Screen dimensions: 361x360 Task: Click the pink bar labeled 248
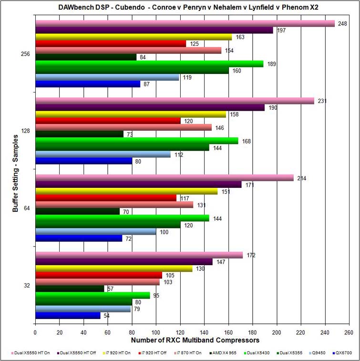[185, 23]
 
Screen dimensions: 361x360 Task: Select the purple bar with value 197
[154, 30]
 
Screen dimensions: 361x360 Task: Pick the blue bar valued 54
[68, 316]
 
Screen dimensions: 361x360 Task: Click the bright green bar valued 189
[149, 64]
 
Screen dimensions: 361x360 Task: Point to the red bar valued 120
[108, 121]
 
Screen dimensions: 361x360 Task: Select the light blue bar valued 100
[96, 232]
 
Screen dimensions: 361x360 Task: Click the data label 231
[322, 101]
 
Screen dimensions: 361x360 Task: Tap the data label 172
[251, 255]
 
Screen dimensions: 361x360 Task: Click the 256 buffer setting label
[26, 54]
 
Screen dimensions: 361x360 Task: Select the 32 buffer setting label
[27, 286]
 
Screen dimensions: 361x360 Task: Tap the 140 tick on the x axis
[204, 333]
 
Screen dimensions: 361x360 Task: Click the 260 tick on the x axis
[349, 333]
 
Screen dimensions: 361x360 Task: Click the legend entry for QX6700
[342, 352]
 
